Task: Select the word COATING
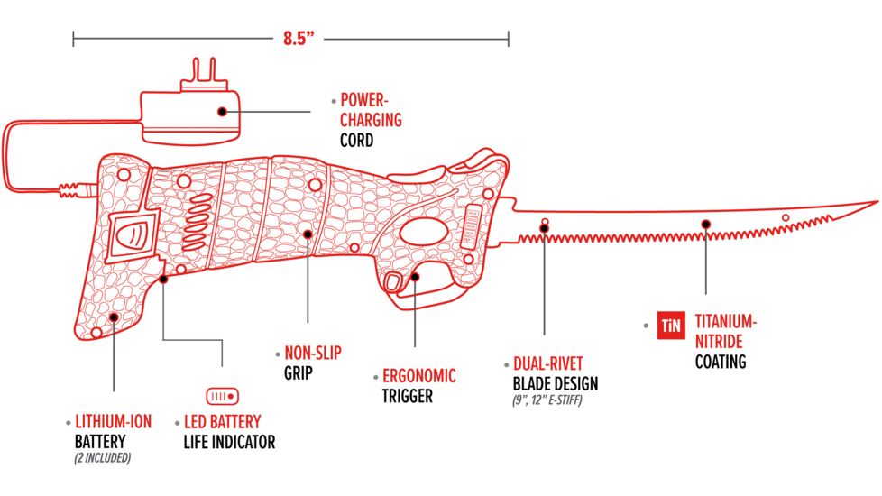coord(721,362)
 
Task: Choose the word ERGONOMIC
coord(419,376)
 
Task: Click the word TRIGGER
coord(408,395)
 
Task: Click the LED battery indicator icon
coord(222,395)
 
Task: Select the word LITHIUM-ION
coord(113,421)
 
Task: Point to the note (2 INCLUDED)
coord(103,457)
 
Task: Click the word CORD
coord(358,140)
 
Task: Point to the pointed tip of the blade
coord(874,202)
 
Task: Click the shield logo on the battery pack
coord(133,236)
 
